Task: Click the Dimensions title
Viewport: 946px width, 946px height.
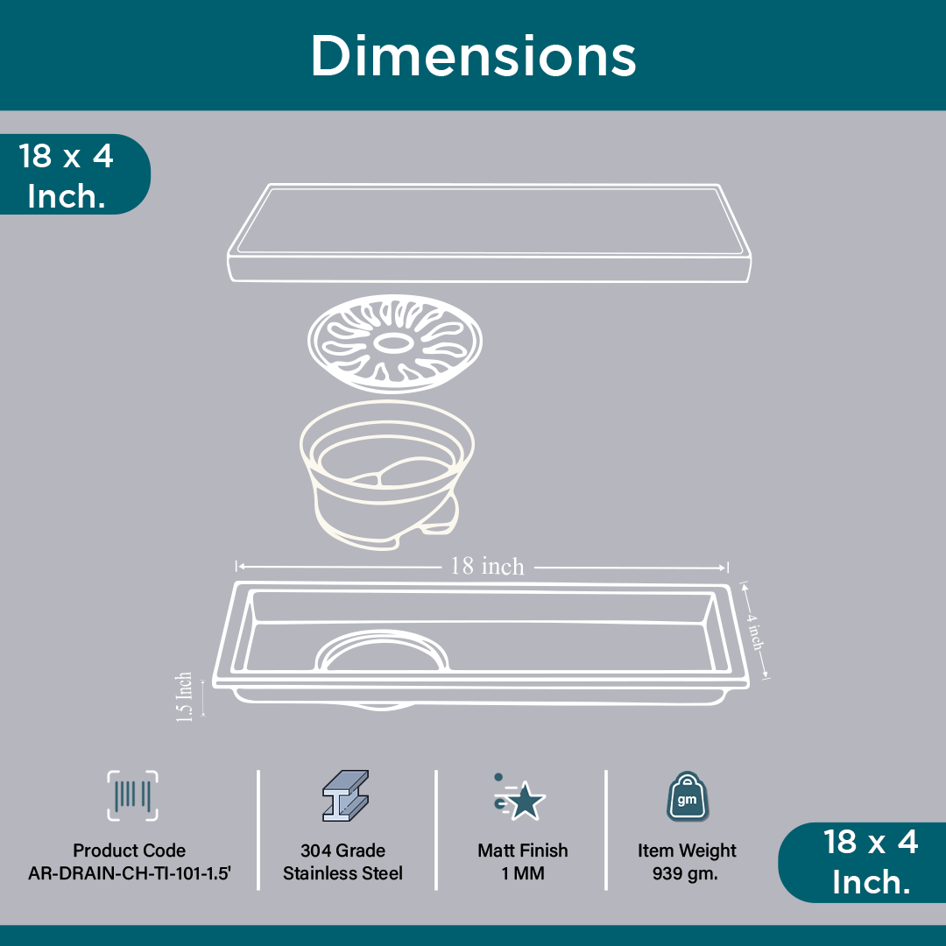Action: point(474,55)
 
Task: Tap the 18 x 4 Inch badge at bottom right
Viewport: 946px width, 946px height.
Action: point(864,862)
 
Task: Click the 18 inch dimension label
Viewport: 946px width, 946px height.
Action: point(488,566)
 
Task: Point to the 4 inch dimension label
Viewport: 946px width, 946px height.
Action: point(755,631)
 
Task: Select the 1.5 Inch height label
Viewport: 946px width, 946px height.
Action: point(184,697)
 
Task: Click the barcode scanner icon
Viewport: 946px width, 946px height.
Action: point(133,795)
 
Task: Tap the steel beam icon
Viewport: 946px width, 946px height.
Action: point(345,795)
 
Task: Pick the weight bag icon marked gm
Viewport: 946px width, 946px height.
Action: point(688,796)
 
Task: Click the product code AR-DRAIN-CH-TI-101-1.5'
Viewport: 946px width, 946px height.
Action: point(130,873)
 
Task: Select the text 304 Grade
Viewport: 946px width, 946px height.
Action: point(342,850)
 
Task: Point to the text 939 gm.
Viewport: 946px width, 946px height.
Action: point(685,873)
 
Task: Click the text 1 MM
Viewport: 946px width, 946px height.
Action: point(522,873)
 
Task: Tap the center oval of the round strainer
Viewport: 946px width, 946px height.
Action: point(393,342)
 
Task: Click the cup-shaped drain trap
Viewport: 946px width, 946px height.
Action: point(387,474)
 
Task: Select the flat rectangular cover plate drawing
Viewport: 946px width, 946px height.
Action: point(490,233)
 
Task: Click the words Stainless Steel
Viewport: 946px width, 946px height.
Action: point(342,873)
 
